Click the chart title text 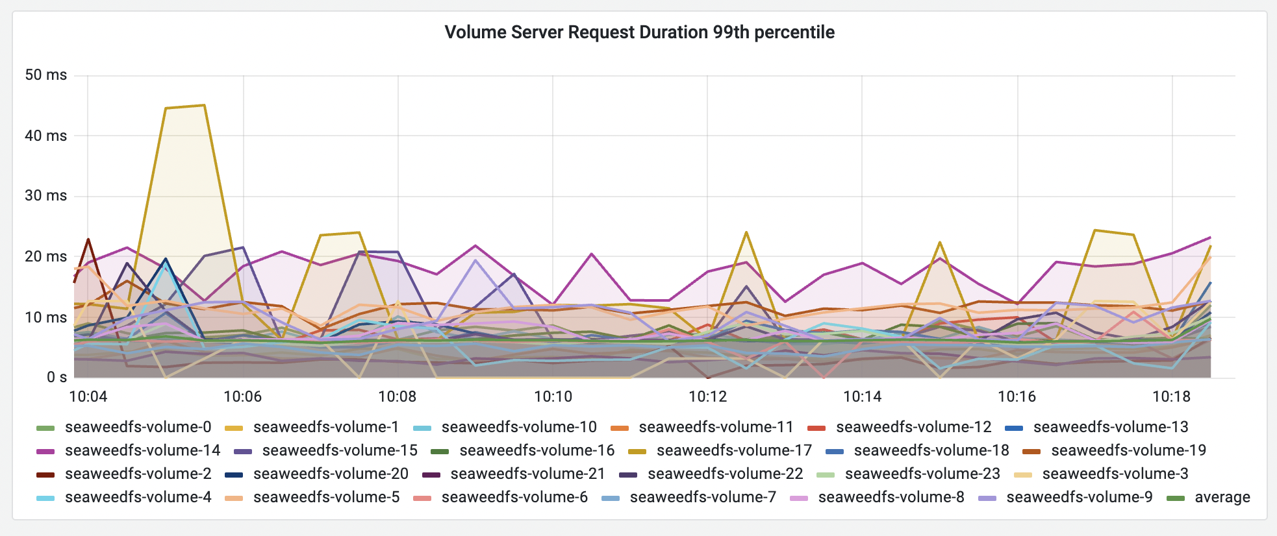pos(639,32)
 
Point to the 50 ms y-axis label pos(45,75)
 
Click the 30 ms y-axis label pos(45,195)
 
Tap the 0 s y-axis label pos(57,377)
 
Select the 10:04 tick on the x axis pos(88,396)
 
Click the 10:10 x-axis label pos(553,396)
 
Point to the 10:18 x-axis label pos(1171,396)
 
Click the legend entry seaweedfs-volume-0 pos(138,427)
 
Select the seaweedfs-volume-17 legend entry pos(734,450)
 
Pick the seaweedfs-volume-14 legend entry pos(142,450)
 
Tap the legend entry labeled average pos(1222,497)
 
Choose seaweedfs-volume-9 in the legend pos(1079,497)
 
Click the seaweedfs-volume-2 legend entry pos(138,474)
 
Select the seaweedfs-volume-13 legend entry pos(1110,427)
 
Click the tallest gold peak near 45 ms pos(204,105)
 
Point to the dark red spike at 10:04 pos(88,239)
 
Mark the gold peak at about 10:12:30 pos(746,232)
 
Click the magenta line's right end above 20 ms pos(1210,237)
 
